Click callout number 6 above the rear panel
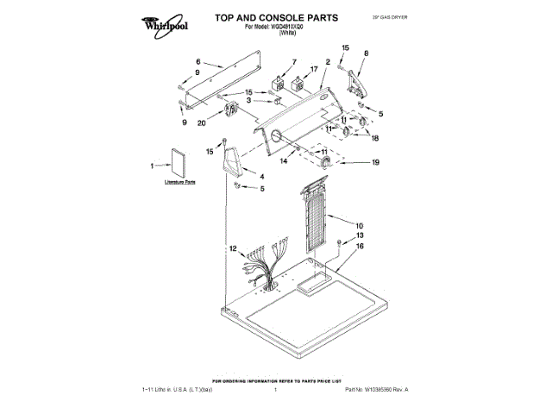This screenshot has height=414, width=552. (198, 62)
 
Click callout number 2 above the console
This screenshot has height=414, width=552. (328, 62)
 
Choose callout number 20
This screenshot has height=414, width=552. (201, 122)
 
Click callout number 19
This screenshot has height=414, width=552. (375, 162)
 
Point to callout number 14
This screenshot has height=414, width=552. (283, 160)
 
